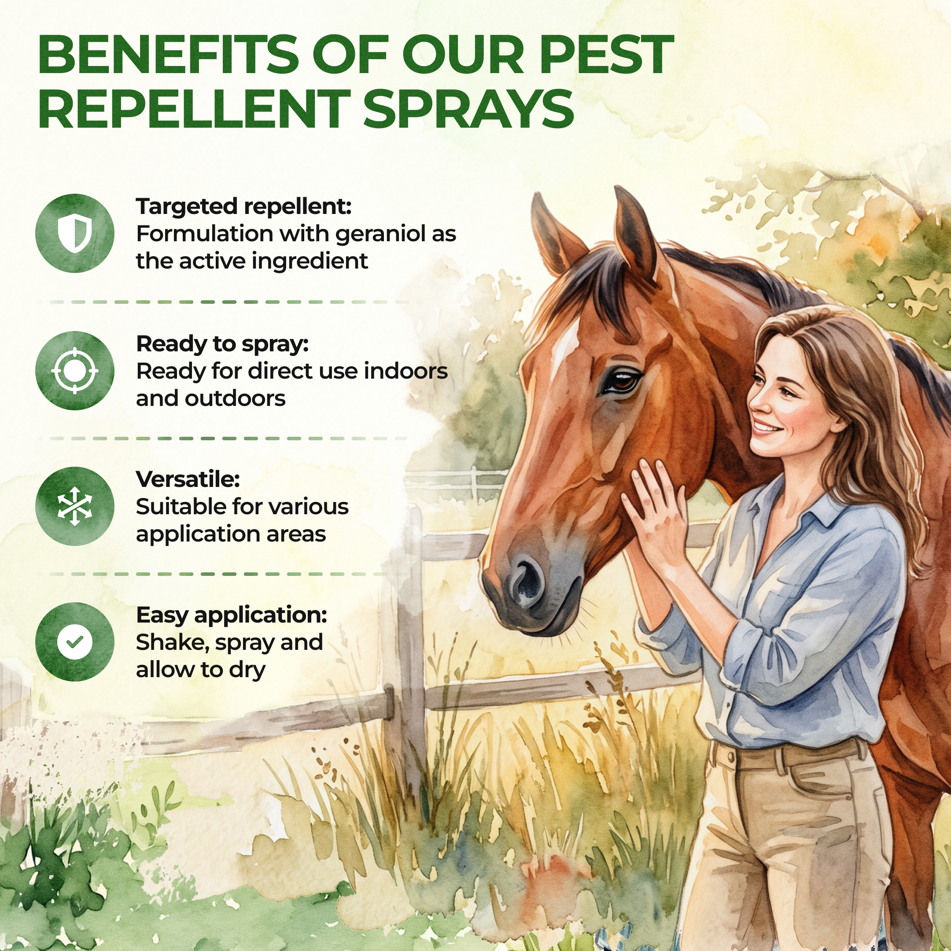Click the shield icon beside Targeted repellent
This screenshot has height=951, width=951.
75,233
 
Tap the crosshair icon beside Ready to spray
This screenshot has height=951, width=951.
75,371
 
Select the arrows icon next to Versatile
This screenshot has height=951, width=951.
75,506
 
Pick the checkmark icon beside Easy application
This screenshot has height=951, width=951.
75,642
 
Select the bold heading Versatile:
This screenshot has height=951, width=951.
188,479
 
